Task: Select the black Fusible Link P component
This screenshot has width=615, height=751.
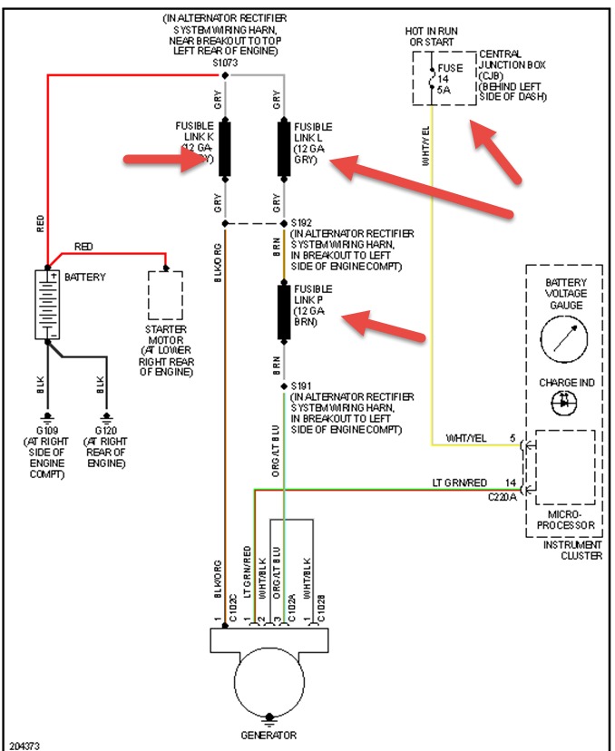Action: (282, 311)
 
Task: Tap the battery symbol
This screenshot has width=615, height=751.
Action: (45, 304)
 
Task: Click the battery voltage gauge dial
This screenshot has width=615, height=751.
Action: (566, 342)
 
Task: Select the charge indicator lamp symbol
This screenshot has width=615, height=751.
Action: (566, 400)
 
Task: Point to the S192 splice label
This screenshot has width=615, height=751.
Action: (302, 222)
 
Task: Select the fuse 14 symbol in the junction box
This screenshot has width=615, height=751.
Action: (433, 78)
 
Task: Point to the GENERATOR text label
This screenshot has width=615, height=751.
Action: (268, 735)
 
